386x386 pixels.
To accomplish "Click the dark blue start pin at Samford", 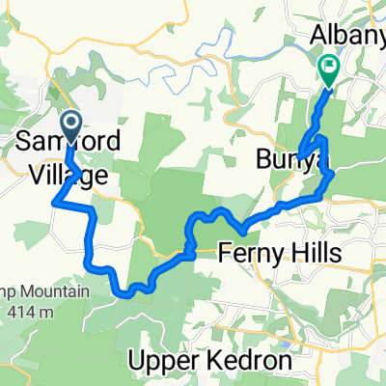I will [x=71, y=124].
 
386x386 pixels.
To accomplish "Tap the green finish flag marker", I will [x=328, y=69].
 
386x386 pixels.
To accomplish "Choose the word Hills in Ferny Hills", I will [x=296, y=253].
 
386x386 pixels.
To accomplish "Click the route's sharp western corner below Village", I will [x=52, y=202].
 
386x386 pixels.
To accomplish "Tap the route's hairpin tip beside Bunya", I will [x=300, y=155].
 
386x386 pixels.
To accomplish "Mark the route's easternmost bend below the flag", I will [x=334, y=175].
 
